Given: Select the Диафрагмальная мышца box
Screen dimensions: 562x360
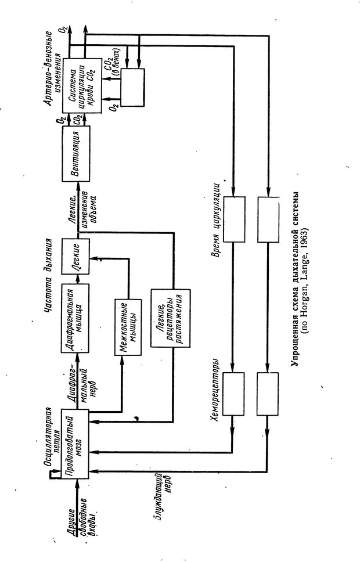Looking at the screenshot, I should [77, 319].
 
